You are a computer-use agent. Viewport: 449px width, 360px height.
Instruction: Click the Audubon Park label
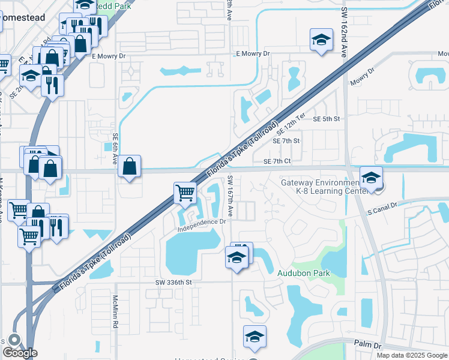304,272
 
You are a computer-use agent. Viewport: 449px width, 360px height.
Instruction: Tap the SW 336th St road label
173,282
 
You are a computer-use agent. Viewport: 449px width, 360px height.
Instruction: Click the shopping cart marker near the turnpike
185,193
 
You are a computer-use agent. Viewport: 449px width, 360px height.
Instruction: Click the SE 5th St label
327,119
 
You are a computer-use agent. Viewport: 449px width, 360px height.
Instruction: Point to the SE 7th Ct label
277,161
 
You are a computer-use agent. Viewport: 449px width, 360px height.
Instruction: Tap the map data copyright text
412,355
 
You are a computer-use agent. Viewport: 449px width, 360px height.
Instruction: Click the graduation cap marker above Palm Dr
255,337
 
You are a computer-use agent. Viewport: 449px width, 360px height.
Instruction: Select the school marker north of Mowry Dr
321,41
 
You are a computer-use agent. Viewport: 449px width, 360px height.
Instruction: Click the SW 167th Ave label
231,196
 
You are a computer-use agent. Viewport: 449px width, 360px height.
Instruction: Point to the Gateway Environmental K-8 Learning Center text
315,187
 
